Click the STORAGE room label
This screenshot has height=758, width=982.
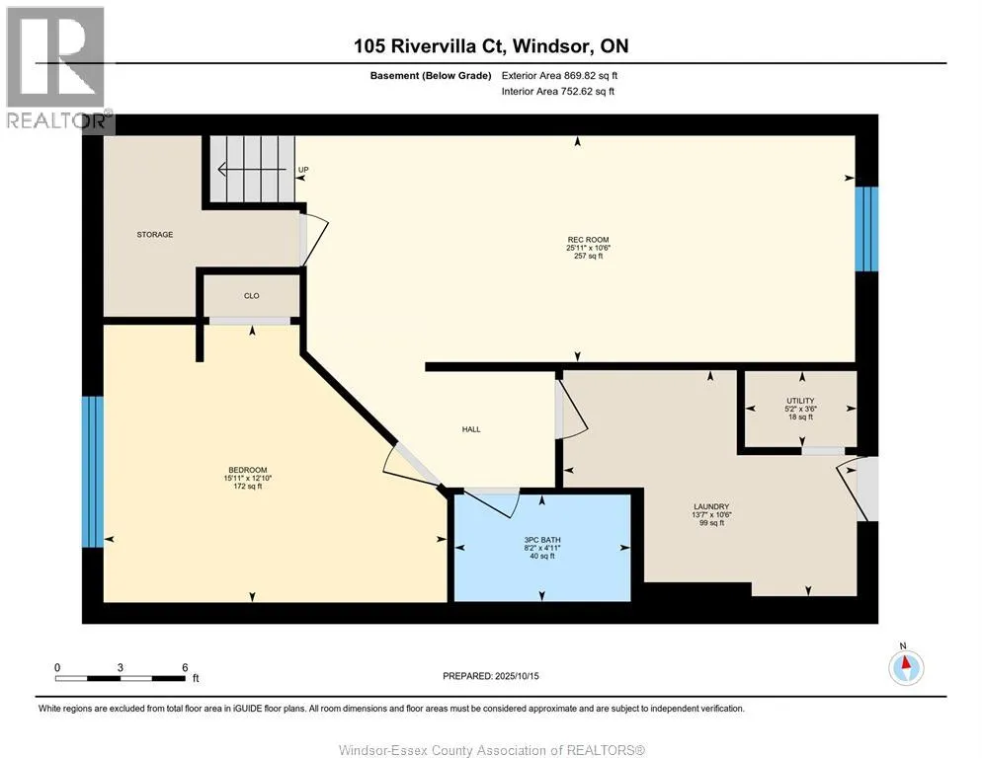click(x=155, y=235)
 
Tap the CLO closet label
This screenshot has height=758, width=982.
click(x=251, y=296)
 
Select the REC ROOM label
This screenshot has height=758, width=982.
click(x=588, y=240)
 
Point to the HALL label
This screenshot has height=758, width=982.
click(x=471, y=429)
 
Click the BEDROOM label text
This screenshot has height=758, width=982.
click(x=247, y=470)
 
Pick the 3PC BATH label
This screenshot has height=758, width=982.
click(x=542, y=540)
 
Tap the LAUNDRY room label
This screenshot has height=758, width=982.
click(x=711, y=506)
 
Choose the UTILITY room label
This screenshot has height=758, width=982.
click(x=800, y=401)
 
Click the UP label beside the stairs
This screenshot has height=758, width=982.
click(x=303, y=170)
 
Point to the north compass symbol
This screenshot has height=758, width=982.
click(x=906, y=667)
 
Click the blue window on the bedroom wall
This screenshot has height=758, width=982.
click(x=93, y=472)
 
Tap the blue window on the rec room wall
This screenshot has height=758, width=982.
click(x=866, y=229)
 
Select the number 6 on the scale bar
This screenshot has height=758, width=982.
click(x=185, y=667)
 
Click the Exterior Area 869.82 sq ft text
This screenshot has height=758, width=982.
click(x=559, y=76)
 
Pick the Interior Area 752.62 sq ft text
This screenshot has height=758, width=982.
click(x=557, y=92)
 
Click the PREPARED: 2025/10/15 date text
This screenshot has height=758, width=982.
click(x=490, y=676)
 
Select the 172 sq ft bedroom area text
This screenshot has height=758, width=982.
click(x=247, y=487)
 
